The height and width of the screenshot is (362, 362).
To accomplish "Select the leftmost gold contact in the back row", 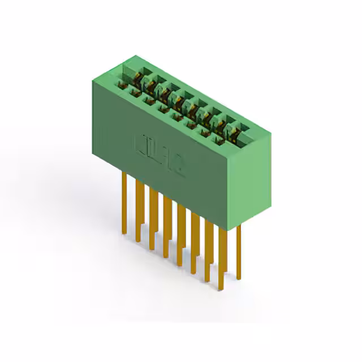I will coord(137,75).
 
